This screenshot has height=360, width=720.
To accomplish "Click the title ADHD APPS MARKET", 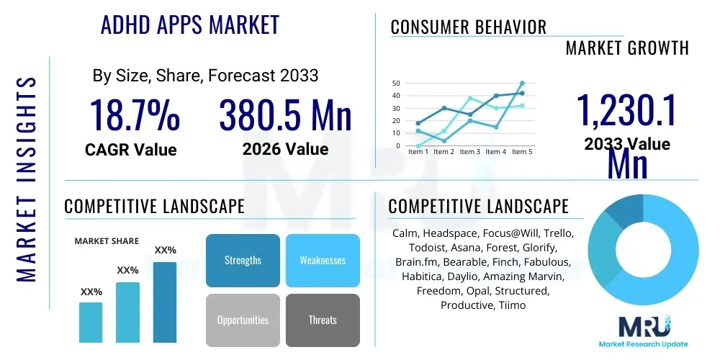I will (189, 25).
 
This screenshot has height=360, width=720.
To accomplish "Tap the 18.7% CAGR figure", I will (134, 115).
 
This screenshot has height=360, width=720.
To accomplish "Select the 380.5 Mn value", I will (285, 115).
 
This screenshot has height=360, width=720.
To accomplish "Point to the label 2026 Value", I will (285, 149).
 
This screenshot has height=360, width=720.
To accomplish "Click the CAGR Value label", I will (130, 149).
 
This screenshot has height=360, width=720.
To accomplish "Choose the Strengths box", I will (243, 260).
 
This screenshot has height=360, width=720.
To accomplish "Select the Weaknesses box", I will (322, 260).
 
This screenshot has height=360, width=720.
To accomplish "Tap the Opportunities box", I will (243, 320).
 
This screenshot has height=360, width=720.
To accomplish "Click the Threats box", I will (322, 320).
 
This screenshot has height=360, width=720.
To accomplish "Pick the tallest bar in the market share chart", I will (165, 302).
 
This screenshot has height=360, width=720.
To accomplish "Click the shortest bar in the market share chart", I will (91, 322).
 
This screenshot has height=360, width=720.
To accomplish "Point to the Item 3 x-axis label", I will (469, 152).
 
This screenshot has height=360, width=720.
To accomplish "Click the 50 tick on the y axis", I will (395, 83).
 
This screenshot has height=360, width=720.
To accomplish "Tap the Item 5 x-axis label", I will (521, 152).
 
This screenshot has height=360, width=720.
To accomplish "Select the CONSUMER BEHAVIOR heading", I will (468, 27).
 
